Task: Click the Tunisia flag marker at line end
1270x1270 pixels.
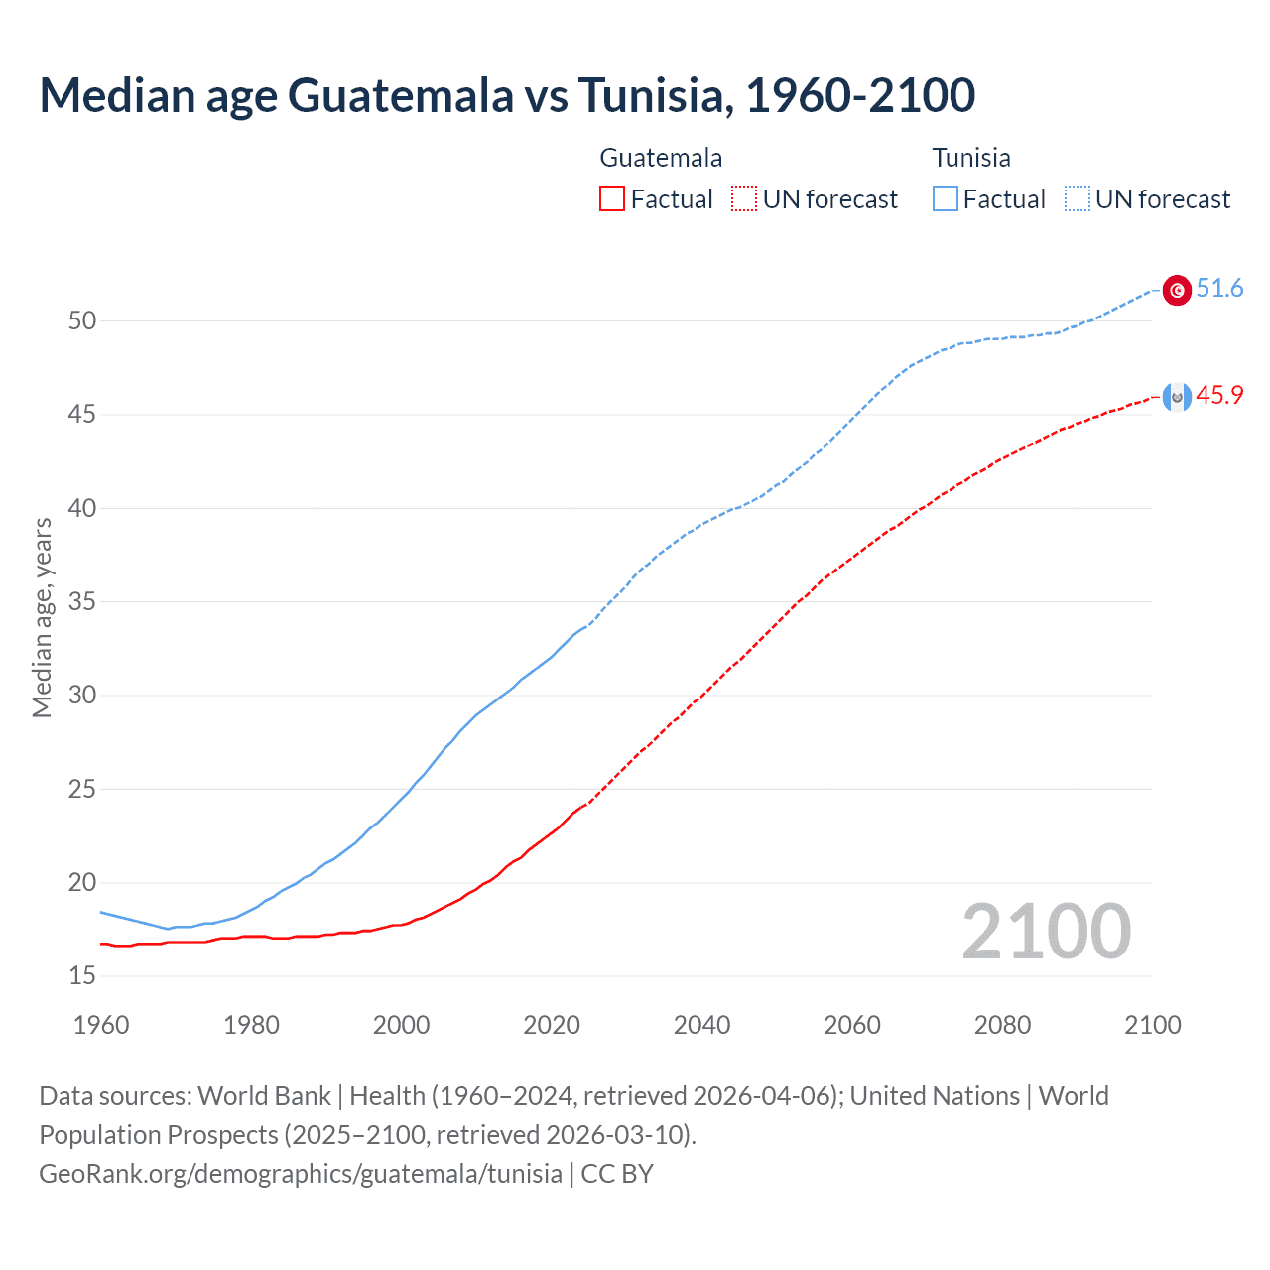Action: pos(1177,290)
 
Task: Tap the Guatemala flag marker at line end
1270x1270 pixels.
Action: pos(1177,397)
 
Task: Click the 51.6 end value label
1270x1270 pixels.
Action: pos(1219,289)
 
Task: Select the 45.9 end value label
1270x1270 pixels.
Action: pos(1219,396)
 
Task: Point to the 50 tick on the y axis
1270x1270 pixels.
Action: pos(82,320)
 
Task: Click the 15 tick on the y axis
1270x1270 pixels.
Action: pos(82,976)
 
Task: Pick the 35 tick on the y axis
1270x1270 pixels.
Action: pos(82,602)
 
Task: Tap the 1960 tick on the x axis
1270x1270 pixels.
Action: pos(101,1026)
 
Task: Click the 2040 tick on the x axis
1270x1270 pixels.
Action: pos(701,1026)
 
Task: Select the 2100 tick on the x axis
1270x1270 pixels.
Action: pos(1152,1026)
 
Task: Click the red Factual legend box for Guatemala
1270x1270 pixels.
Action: pos(612,199)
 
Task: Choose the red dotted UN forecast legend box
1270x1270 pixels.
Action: pos(744,199)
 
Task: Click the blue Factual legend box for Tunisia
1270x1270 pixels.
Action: pos(946,199)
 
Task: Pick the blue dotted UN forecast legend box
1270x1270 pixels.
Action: pos(1078,199)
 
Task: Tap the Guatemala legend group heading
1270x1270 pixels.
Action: pos(661,158)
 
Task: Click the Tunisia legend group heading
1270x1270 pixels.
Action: pos(971,158)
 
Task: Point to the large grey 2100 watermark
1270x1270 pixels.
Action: pos(1046,932)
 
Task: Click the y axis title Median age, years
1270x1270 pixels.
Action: pos(42,617)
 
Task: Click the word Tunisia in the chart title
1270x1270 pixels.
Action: pos(655,95)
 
